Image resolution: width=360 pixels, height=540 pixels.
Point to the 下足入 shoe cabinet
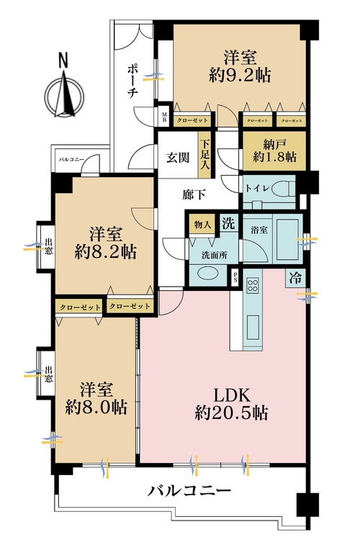pos(206,153)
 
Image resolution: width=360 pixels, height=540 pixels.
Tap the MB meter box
pos(163,117)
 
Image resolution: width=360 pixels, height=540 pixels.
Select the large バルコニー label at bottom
pos(189,492)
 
